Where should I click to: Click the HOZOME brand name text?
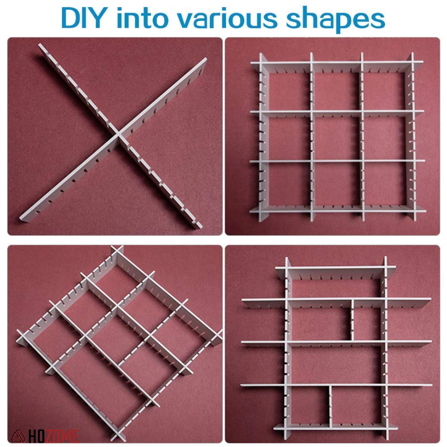(x=54, y=436)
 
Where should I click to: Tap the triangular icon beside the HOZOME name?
(x=18, y=436)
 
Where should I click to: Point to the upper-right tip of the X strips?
(x=204, y=60)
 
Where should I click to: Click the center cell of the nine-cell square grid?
(x=337, y=136)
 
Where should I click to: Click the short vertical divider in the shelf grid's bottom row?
(x=331, y=406)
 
